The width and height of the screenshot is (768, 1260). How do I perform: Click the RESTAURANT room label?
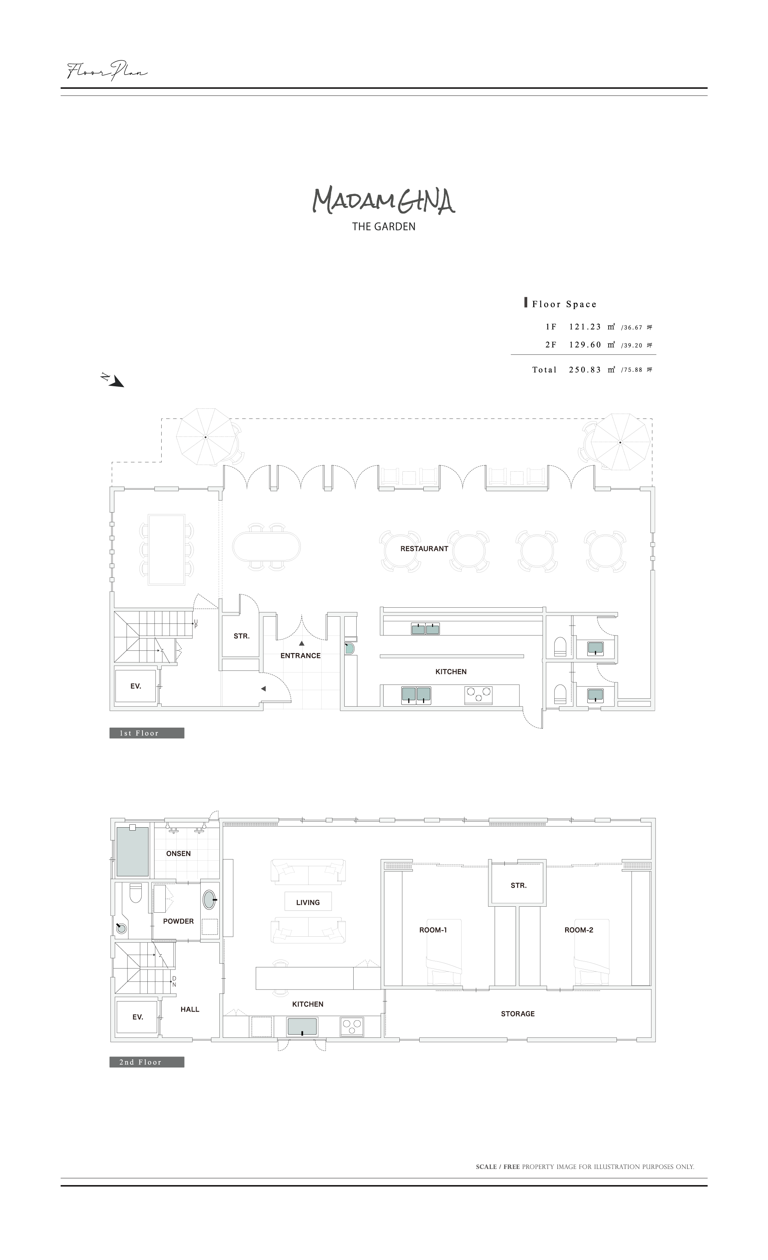tap(424, 549)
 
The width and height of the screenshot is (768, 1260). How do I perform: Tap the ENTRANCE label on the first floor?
tap(300, 656)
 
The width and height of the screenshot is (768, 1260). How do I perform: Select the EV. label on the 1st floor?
tap(136, 686)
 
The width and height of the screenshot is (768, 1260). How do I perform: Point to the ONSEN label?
tap(178, 853)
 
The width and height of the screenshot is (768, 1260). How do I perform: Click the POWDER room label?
tap(178, 921)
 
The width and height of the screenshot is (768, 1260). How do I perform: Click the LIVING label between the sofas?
tap(308, 903)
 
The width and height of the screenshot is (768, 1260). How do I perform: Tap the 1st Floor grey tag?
tap(147, 733)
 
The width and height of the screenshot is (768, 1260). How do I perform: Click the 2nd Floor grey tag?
tap(147, 1062)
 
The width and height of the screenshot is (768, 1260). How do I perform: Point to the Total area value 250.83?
tap(585, 370)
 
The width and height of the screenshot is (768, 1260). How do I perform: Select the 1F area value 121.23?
tap(585, 327)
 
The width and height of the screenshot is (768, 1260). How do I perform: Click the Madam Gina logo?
tap(384, 201)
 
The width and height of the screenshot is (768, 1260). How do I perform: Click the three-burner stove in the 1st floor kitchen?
tap(479, 694)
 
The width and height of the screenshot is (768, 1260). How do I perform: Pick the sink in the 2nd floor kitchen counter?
tap(302, 1027)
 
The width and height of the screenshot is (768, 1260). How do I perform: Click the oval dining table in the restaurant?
tap(267, 546)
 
